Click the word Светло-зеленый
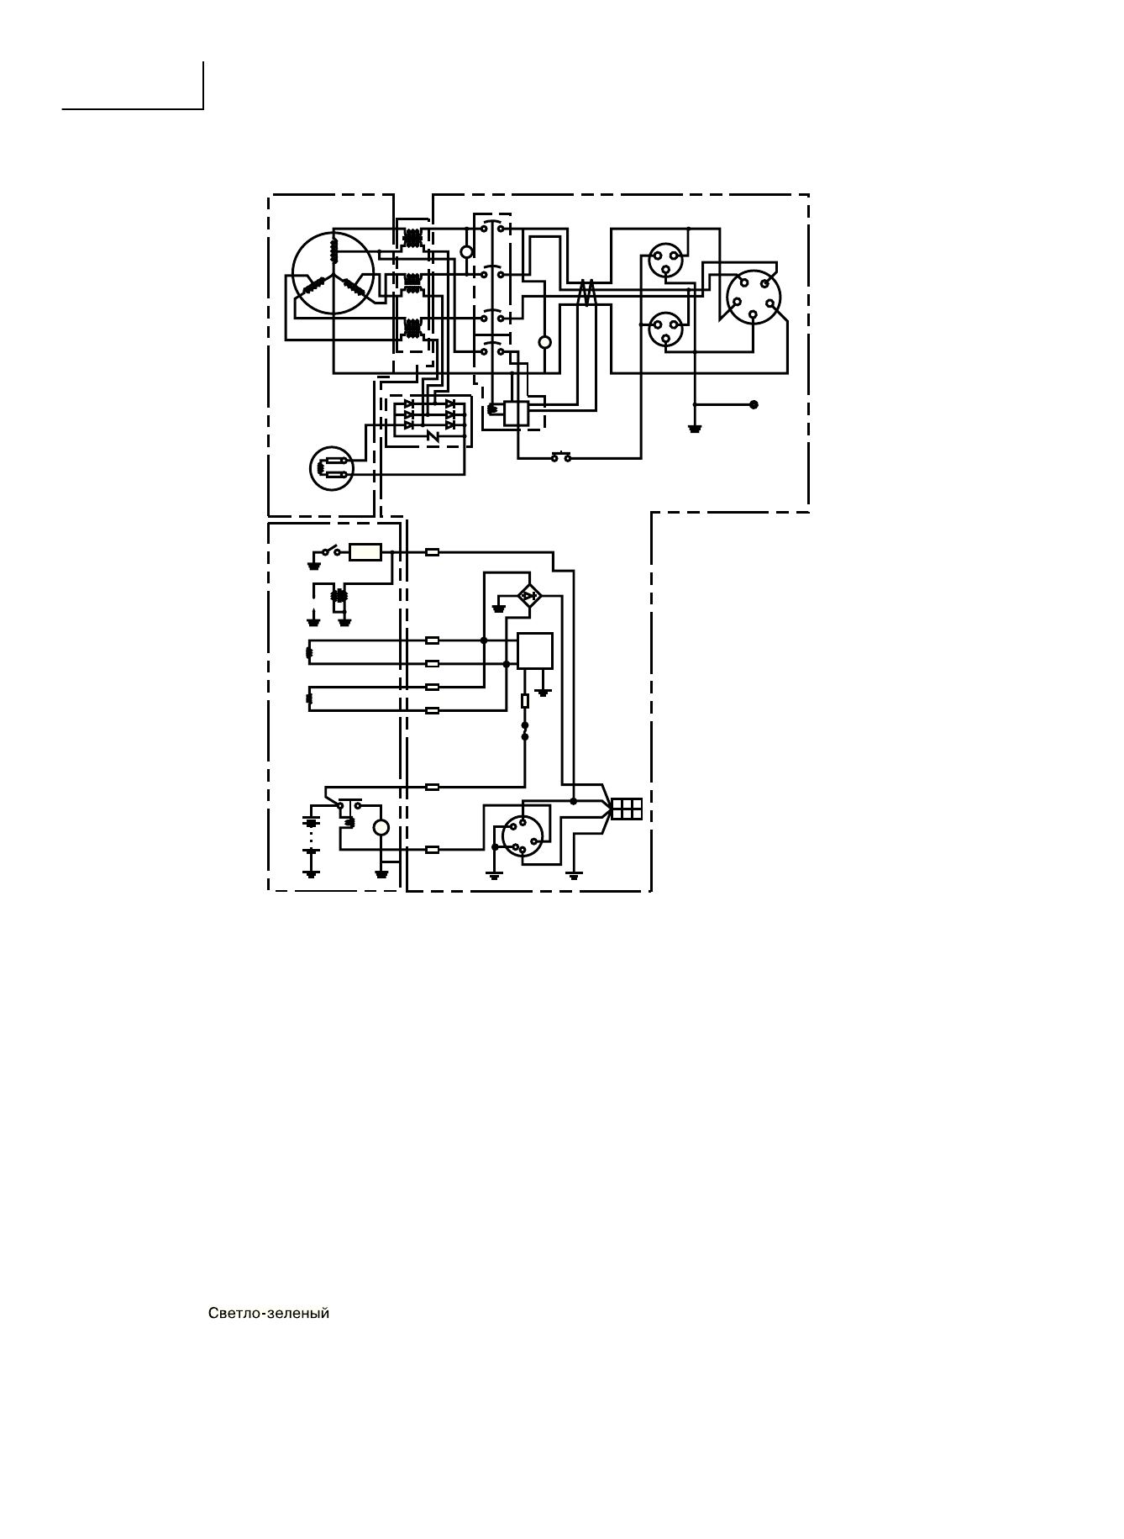268,1314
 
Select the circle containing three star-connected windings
333,273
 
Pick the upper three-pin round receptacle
665,259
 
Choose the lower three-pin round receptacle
665,329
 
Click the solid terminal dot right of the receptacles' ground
753,404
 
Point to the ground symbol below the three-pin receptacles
695,428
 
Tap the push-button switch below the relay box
561,457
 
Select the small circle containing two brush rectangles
334,469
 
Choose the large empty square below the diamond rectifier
535,651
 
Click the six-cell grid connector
627,809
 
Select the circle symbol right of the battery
381,828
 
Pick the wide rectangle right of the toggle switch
365,552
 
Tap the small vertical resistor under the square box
525,700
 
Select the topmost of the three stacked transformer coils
412,238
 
